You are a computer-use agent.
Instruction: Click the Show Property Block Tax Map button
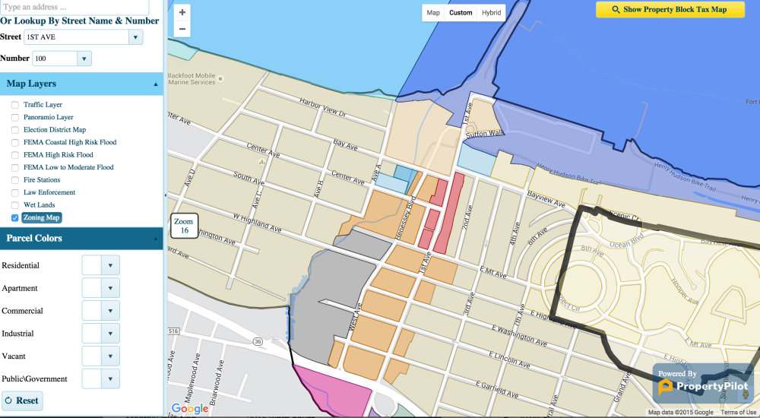pyautogui.click(x=670, y=10)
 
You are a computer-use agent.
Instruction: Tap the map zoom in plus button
pyautogui.click(x=182, y=12)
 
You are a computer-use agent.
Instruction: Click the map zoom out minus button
pyautogui.click(x=182, y=29)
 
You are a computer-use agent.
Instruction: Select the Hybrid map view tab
pyautogui.click(x=491, y=13)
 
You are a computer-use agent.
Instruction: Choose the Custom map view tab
pyautogui.click(x=461, y=13)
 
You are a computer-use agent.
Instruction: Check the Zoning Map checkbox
pyautogui.click(x=15, y=218)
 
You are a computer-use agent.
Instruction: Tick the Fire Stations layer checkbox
pyautogui.click(x=15, y=180)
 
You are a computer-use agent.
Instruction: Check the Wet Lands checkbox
pyautogui.click(x=15, y=205)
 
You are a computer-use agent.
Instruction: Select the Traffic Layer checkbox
pyautogui.click(x=15, y=105)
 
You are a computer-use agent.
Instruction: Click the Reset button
pyautogui.click(x=22, y=401)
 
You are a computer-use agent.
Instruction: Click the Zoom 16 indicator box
pyautogui.click(x=184, y=226)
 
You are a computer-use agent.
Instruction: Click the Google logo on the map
pyautogui.click(x=190, y=409)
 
